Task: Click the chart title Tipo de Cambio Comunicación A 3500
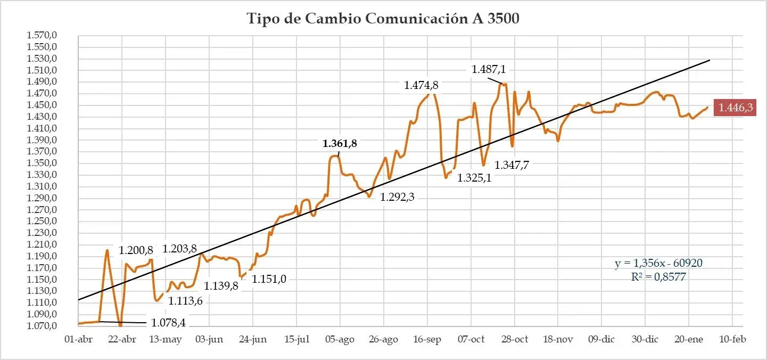[x=383, y=19]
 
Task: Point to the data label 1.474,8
[x=422, y=85]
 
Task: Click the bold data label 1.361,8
[x=340, y=143]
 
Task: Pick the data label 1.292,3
[x=397, y=197]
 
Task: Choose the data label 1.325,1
[x=474, y=178]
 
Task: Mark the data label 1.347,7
[x=513, y=165]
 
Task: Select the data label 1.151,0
[x=269, y=279]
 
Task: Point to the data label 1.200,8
[x=136, y=250]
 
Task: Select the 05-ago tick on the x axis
[x=340, y=340]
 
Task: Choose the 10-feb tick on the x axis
[x=732, y=340]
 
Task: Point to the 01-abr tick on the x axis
[x=78, y=340]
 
